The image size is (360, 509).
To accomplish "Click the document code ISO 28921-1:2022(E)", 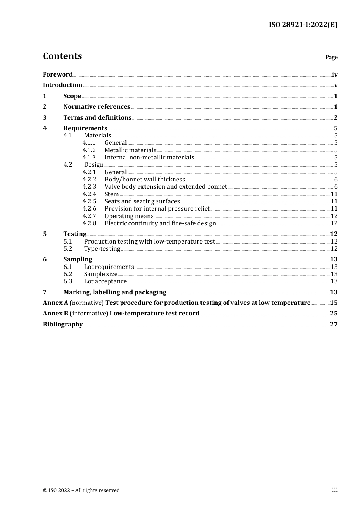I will coord(303,25).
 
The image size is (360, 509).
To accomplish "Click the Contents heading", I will coord(62,56).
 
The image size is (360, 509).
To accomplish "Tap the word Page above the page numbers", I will coord(331,57).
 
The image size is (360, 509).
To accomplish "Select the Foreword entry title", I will coord(58,74).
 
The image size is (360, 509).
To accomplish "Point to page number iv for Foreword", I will coord(335,75).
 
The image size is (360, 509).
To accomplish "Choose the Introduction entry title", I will coord(63,85).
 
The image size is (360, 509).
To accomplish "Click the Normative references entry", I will coord(97,107).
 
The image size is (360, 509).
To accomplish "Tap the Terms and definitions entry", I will coord(97,117).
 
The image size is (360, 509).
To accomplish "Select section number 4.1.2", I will coord(89,150).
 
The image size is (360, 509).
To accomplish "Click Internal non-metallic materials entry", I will coord(149,158).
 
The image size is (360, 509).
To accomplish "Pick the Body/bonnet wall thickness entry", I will coord(145,180).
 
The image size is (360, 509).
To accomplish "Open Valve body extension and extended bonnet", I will coord(166,187).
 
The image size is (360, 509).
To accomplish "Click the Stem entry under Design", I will coord(112,194).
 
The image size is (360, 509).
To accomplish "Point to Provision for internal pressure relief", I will coord(157,209).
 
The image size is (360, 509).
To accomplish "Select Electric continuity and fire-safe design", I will coord(160,223).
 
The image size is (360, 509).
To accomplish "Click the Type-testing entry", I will coord(102,249).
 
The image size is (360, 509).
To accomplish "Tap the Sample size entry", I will coord(100,274).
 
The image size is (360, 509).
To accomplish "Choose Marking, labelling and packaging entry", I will coord(115,292).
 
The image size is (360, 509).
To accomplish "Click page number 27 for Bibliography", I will coord(333,324).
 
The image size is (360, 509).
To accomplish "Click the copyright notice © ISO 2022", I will coord(81,490).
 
